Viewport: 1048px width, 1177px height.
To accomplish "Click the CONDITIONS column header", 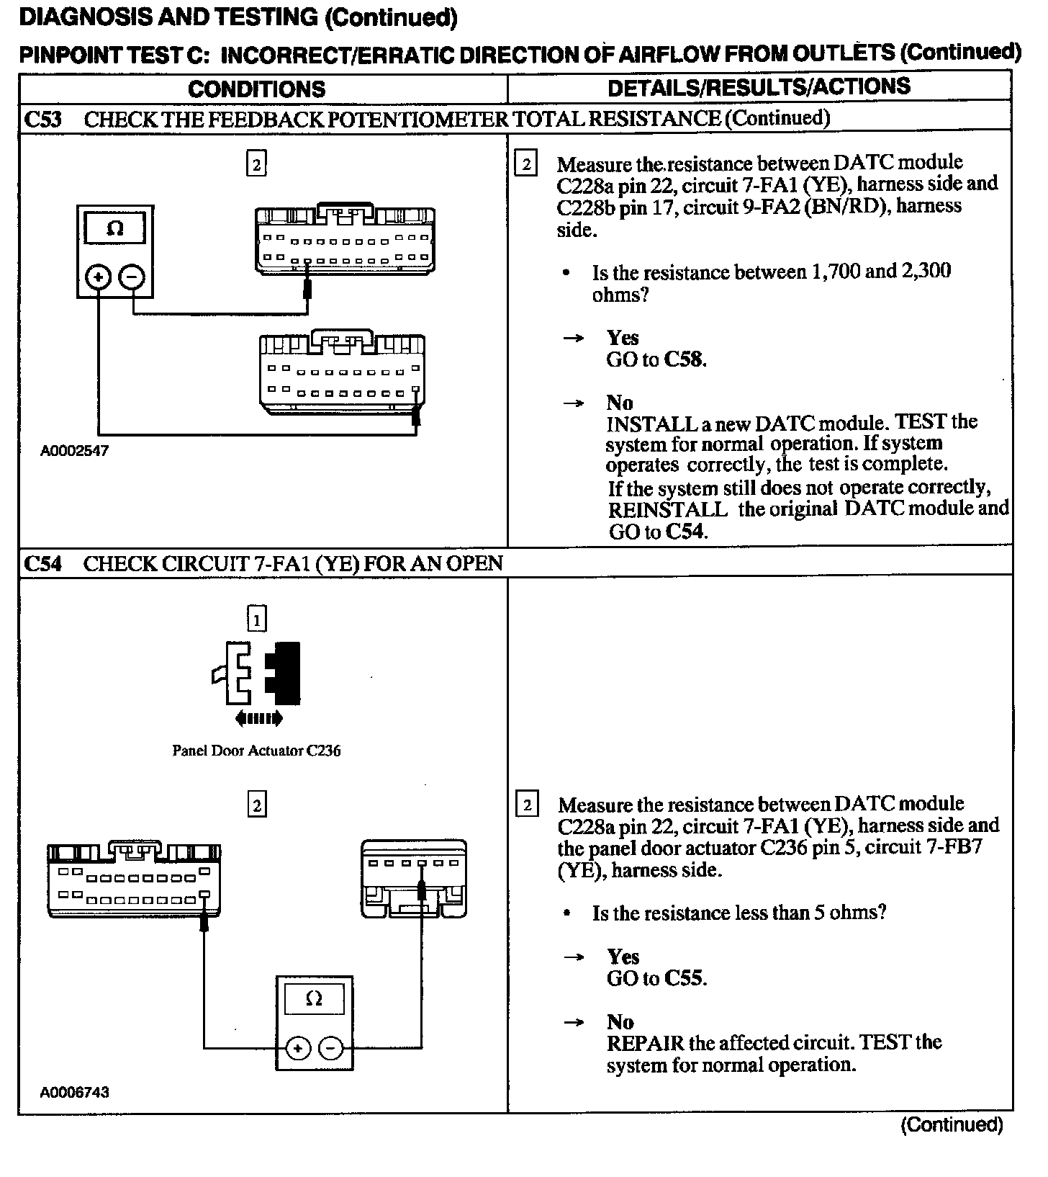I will tap(256, 89).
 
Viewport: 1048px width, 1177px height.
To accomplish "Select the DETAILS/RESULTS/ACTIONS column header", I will tap(759, 87).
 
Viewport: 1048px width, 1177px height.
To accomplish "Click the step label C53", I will tap(43, 119).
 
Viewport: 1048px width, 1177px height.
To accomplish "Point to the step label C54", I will tap(43, 563).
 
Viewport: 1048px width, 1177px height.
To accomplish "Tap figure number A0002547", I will tap(74, 452).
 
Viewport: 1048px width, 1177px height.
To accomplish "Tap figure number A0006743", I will tap(74, 1092).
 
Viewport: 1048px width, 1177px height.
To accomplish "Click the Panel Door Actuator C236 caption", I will tap(256, 751).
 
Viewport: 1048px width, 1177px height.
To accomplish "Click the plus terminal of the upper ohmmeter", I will tap(99, 277).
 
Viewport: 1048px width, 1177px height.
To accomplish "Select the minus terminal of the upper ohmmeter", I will tap(132, 277).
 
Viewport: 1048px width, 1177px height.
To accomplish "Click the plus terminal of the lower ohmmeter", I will tap(298, 1048).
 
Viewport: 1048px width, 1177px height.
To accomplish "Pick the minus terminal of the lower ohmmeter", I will tap(330, 1048).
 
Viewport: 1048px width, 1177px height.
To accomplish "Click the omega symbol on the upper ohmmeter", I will tap(115, 229).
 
